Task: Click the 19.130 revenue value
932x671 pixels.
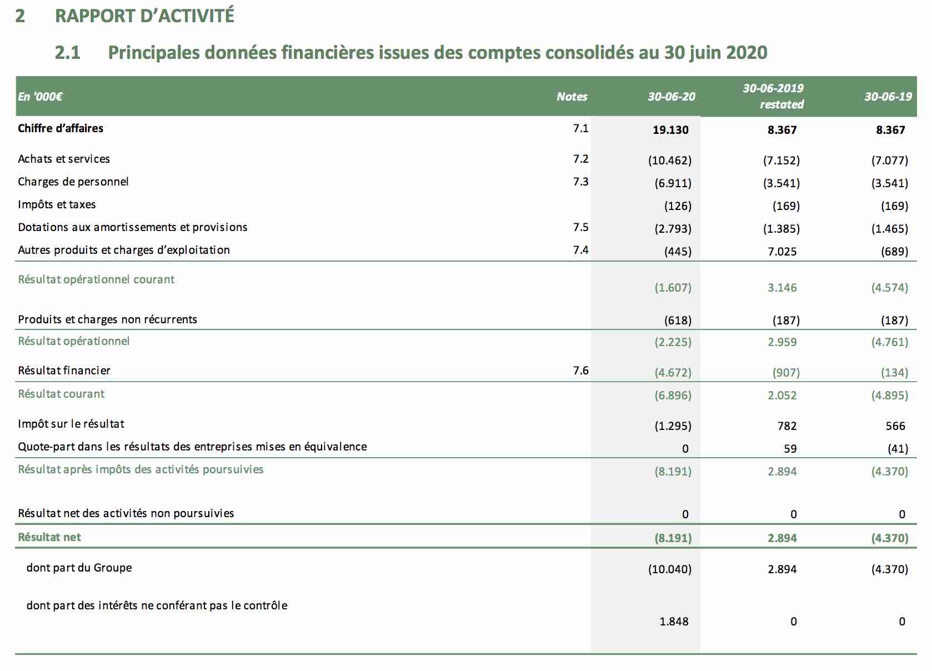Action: click(x=670, y=130)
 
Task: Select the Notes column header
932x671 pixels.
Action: click(x=572, y=97)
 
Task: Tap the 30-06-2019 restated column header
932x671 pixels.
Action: click(x=774, y=96)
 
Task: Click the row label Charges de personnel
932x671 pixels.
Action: click(x=73, y=182)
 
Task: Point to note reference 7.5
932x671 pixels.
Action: click(x=580, y=227)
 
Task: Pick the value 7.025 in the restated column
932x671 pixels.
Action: click(x=782, y=251)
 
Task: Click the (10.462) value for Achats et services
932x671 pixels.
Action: click(x=670, y=160)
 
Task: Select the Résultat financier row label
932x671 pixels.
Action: click(x=64, y=370)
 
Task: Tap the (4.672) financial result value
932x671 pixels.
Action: click(x=673, y=372)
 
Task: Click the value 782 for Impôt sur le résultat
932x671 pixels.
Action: click(x=787, y=425)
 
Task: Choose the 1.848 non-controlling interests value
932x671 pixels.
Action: click(x=674, y=621)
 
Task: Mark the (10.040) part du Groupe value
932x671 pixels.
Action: click(x=670, y=569)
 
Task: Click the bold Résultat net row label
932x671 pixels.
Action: click(x=49, y=537)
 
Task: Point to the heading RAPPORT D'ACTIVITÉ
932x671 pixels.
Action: click(x=144, y=16)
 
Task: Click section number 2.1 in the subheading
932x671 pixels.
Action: click(x=67, y=53)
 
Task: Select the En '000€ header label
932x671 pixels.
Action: click(x=40, y=97)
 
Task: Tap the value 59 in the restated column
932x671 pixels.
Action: click(x=790, y=448)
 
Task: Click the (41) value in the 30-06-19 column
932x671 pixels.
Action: click(x=898, y=448)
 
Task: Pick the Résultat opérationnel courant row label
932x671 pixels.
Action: click(x=96, y=279)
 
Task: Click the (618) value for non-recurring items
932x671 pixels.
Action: click(x=678, y=320)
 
